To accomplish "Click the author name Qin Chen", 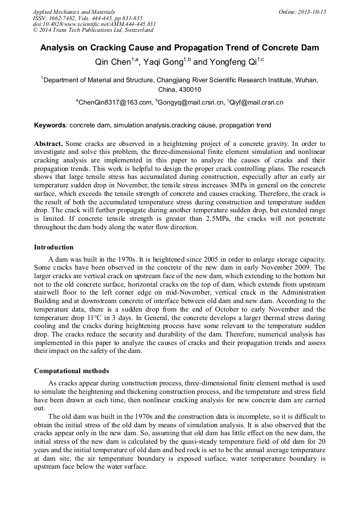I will pos(113,62).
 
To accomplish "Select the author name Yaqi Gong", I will pos(161,62).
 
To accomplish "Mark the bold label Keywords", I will pos(50,126).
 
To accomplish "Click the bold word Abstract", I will pos(48,144).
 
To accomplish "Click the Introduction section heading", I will pos(54,247).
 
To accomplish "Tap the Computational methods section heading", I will pos(72,370).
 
